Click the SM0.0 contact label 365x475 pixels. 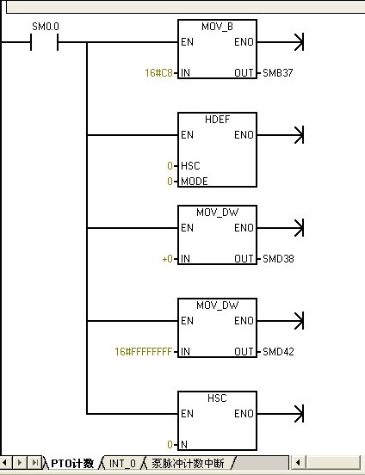[x=46, y=27]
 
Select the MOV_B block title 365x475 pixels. [x=217, y=27]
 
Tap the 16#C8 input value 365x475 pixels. [x=158, y=72]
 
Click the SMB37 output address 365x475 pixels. [x=278, y=72]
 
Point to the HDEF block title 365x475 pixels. [x=217, y=120]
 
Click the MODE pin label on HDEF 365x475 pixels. [x=195, y=182]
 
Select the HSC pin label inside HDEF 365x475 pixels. [x=190, y=166]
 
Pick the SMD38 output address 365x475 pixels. [x=278, y=259]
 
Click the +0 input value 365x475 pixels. [x=168, y=259]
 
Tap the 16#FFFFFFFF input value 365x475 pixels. [x=144, y=351]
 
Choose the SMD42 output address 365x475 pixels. [x=278, y=351]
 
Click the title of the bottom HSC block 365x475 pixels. [x=217, y=398]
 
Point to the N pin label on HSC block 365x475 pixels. [x=184, y=444]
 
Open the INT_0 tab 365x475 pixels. [x=122, y=464]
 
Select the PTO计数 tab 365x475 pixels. [x=72, y=464]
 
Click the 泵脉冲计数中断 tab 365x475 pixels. [x=188, y=464]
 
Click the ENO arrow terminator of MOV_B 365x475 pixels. [x=299, y=42]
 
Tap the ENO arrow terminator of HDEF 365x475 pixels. [x=299, y=135]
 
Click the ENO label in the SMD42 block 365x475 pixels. [x=244, y=320]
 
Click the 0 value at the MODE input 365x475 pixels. [x=170, y=182]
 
